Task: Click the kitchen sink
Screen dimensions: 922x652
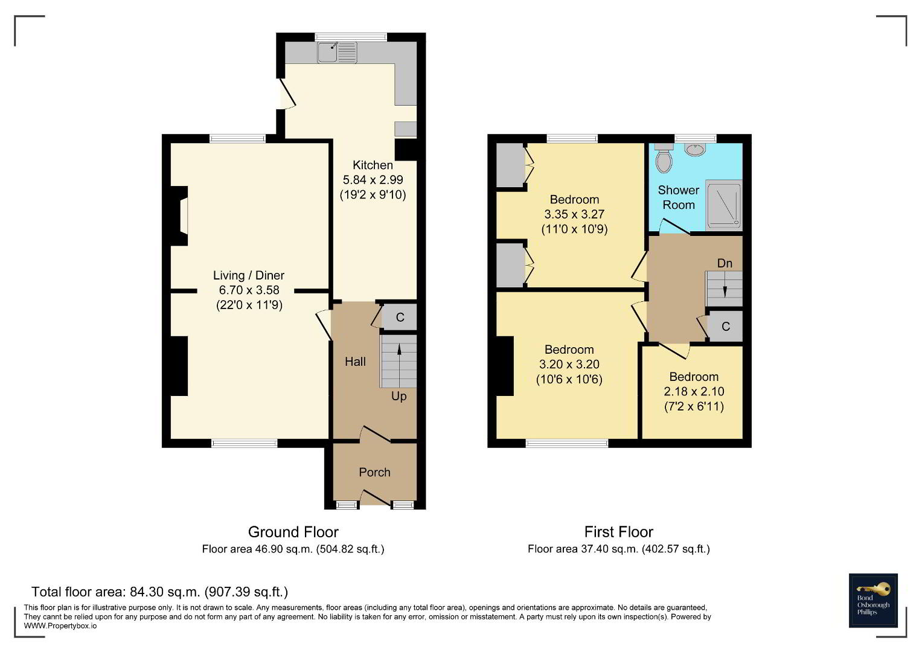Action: (x=337, y=53)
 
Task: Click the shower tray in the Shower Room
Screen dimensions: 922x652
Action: (x=724, y=205)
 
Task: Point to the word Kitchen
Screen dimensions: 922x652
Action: (x=373, y=165)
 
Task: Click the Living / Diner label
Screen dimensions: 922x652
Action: (x=249, y=275)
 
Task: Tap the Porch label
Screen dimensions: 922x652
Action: (x=374, y=472)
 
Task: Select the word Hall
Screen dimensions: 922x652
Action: (x=355, y=362)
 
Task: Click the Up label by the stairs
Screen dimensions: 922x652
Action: (x=399, y=397)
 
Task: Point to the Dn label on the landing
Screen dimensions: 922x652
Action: (x=725, y=263)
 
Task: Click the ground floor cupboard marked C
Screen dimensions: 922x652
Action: (x=400, y=317)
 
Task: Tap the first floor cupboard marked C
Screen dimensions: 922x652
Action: (x=726, y=327)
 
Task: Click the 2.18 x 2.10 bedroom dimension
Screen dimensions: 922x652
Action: (x=694, y=391)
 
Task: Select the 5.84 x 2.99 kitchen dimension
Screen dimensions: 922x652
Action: (x=373, y=180)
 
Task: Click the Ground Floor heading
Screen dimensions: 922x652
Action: (x=293, y=532)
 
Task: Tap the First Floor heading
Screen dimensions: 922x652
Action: (x=619, y=532)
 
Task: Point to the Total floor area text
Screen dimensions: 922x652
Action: (x=159, y=592)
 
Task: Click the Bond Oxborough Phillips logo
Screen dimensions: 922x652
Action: (x=873, y=601)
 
